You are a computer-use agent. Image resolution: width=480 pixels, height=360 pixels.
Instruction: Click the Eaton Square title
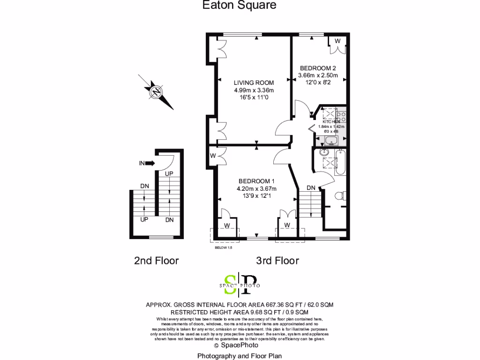pyautogui.click(x=239, y=5)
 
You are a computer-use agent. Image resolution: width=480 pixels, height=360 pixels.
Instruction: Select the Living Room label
pyautogui.click(x=254, y=82)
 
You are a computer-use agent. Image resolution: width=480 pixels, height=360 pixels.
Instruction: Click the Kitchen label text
pyautogui.click(x=331, y=121)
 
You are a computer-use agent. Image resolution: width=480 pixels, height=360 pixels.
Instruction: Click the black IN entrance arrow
pyautogui.click(x=150, y=163)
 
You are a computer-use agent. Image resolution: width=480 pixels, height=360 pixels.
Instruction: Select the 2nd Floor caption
pyautogui.click(x=156, y=261)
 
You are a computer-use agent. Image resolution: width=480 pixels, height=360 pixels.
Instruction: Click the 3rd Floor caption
pyautogui.click(x=277, y=261)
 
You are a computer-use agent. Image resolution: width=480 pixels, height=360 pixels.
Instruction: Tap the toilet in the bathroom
pyautogui.click(x=340, y=195)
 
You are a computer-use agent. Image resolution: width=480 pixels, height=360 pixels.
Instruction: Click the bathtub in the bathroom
pyautogui.click(x=340, y=164)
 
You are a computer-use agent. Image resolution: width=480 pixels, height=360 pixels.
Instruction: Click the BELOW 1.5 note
pyautogui.click(x=223, y=247)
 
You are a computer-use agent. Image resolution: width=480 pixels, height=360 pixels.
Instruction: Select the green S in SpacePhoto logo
pyautogui.click(x=230, y=284)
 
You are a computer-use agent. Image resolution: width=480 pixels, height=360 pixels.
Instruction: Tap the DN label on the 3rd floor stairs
pyautogui.click(x=311, y=188)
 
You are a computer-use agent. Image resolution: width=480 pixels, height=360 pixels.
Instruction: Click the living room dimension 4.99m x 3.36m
pyautogui.click(x=254, y=90)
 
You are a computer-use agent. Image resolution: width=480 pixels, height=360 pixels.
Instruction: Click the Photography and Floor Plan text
pyautogui.click(x=240, y=356)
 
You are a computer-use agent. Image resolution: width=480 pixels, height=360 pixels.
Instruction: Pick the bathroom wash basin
pyautogui.click(x=324, y=152)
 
